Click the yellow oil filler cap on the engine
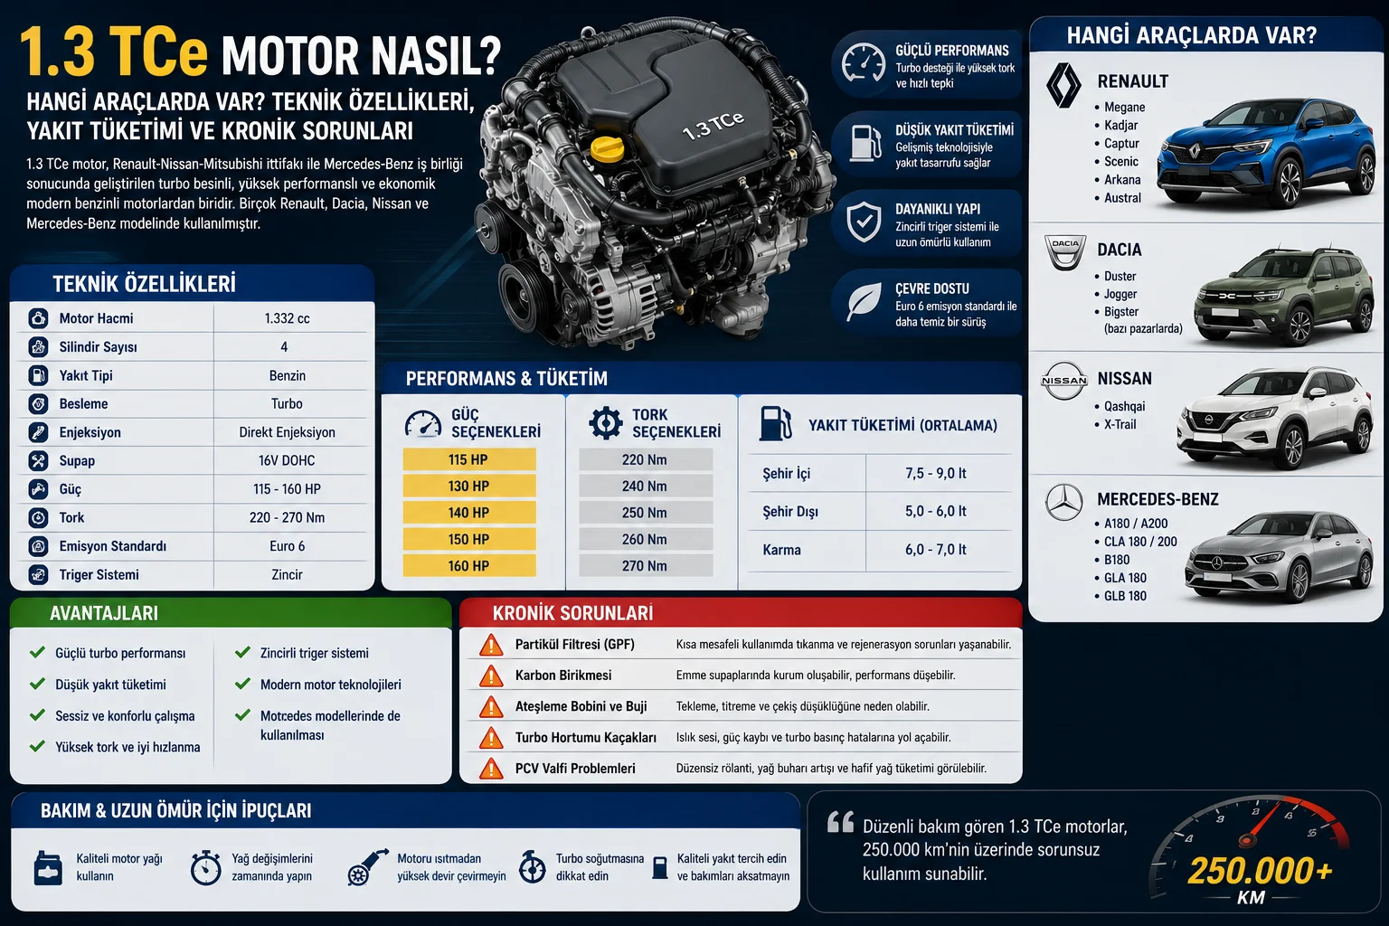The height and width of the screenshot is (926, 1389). tap(607, 149)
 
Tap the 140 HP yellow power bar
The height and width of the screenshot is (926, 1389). tap(469, 513)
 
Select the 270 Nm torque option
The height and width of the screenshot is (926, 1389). tap(646, 566)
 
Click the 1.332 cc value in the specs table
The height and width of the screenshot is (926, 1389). tap(287, 318)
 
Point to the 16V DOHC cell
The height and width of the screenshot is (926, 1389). tap(287, 460)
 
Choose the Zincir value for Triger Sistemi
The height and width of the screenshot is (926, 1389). tap(287, 574)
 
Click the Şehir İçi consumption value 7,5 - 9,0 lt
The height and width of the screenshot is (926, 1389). tap(936, 473)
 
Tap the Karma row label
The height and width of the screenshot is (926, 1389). tap(781, 550)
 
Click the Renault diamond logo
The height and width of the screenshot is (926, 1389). tap(1063, 86)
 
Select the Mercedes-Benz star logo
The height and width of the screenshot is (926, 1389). tap(1064, 502)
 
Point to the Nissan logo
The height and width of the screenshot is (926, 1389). tap(1064, 380)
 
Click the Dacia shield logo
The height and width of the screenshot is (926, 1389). tap(1064, 252)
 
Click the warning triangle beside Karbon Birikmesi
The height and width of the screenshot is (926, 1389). tap(491, 676)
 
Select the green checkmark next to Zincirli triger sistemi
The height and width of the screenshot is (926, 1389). tap(242, 653)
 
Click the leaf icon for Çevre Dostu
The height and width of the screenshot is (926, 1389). tap(865, 302)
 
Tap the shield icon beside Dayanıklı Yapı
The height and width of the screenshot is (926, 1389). tap(864, 222)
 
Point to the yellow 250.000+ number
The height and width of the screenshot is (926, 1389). tap(1260, 870)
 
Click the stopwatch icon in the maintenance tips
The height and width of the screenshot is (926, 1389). tap(206, 867)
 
